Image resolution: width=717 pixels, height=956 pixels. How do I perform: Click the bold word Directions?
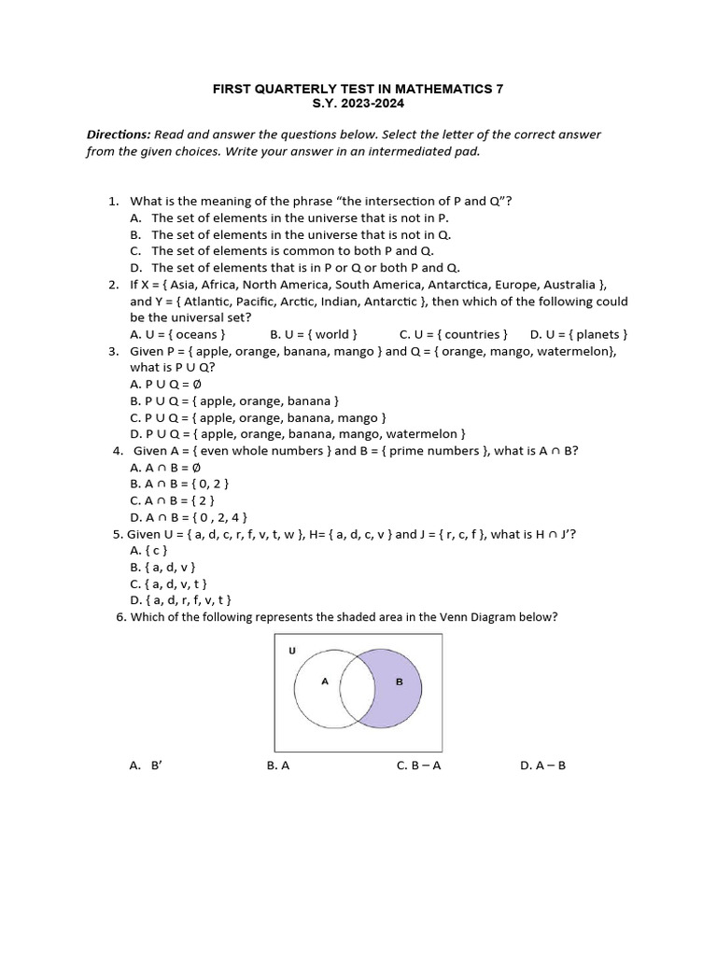tap(118, 134)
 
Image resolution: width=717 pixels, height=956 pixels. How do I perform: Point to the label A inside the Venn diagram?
tap(325, 682)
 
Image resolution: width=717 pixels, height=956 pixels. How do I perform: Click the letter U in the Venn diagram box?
tap(291, 650)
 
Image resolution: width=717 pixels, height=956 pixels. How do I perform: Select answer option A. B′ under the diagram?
tap(147, 765)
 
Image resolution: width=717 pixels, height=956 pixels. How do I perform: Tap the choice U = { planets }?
tap(579, 334)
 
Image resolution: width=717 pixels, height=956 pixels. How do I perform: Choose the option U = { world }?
tap(314, 334)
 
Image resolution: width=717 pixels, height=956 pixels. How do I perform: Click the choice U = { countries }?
tap(453, 334)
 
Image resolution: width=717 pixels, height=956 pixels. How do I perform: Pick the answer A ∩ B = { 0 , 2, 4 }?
tap(189, 517)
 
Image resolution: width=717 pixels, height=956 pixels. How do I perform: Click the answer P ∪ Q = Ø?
tap(166, 384)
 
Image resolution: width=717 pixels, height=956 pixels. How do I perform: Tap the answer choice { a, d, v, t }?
tap(169, 583)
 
